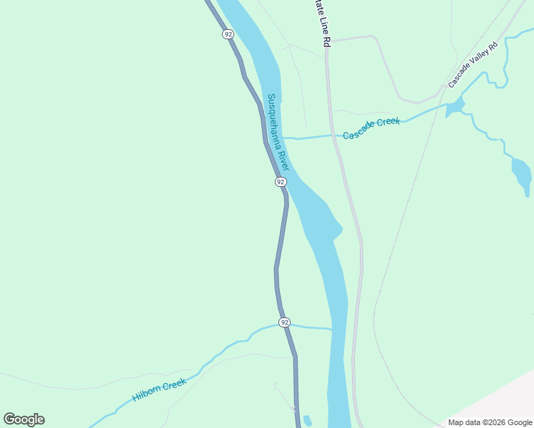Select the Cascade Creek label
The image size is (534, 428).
[x=371, y=128]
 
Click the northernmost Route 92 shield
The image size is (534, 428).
[x=228, y=34]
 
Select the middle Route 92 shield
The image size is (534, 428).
[x=281, y=182]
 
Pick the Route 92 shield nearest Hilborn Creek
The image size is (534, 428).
[x=285, y=322]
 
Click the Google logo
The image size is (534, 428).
[x=24, y=419]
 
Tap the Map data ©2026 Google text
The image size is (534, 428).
[x=490, y=422]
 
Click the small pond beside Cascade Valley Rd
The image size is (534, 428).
[x=455, y=108]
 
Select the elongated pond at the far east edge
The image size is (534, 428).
[x=522, y=173]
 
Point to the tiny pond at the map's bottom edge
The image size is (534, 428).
[x=307, y=421]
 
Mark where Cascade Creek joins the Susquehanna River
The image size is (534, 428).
[x=284, y=136]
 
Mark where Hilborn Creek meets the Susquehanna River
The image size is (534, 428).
[x=331, y=329]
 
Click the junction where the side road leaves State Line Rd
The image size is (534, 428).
[x=328, y=40]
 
